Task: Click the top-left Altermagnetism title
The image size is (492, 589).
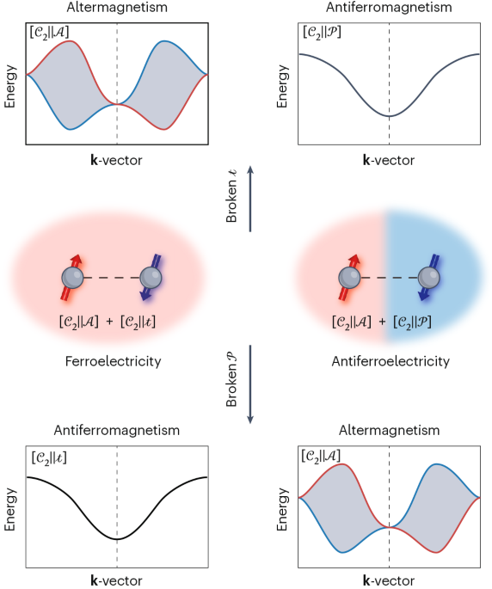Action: coord(116,8)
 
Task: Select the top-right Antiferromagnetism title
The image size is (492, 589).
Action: coord(389,8)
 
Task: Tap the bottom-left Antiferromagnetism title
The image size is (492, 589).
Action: coord(116,429)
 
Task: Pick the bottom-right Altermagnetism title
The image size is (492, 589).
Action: coord(389,429)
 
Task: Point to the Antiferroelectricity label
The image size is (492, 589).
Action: coord(390,361)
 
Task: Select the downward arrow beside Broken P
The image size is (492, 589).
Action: coord(249,383)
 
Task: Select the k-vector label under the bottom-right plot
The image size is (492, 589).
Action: coord(389,581)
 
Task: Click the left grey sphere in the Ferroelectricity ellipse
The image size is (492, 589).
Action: coord(71,278)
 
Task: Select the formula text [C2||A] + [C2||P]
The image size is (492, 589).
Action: coord(390,323)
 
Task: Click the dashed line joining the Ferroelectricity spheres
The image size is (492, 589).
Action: coord(112,278)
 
